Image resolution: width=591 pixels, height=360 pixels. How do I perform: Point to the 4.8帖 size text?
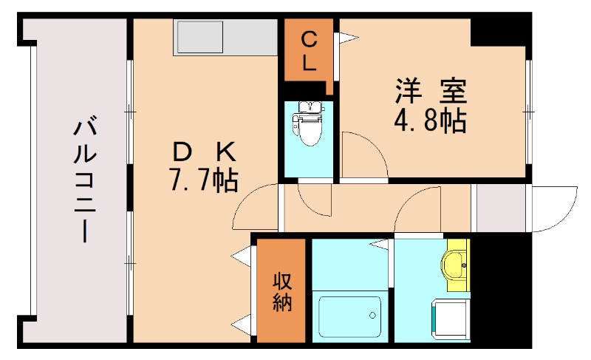(430, 119)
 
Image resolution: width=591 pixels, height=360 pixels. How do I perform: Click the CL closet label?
(309, 50)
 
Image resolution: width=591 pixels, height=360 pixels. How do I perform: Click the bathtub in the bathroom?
(349, 316)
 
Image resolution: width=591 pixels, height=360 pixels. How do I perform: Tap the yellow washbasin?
(457, 262)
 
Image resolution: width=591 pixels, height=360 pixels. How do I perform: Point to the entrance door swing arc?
(556, 207)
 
